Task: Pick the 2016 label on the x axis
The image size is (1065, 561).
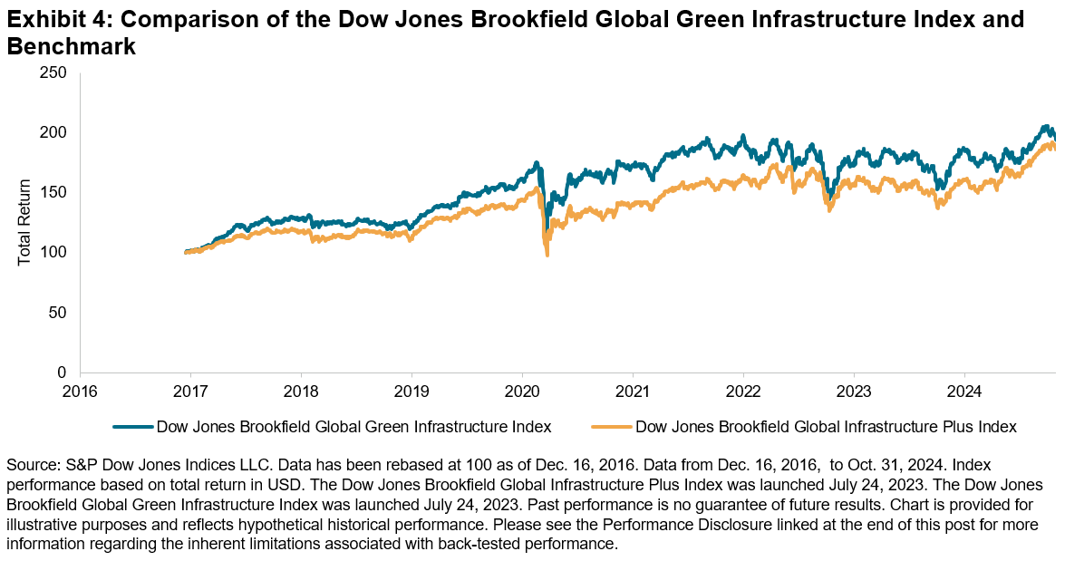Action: point(80,392)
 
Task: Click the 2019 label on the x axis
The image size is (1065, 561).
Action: point(411,392)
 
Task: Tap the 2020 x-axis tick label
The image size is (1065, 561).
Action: point(522,392)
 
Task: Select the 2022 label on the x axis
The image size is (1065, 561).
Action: point(743,392)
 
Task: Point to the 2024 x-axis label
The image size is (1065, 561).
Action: point(964,392)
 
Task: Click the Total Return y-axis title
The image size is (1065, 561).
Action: point(24,222)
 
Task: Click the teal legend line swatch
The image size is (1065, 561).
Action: point(132,425)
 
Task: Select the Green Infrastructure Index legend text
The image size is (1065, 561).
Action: point(354,425)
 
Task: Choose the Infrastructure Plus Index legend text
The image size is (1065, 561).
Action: point(827,425)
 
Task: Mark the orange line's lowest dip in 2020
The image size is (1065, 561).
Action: point(547,255)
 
